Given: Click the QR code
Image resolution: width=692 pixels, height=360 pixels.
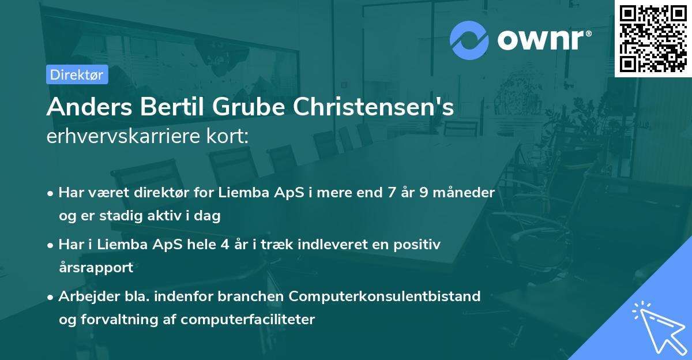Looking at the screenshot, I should tap(653, 38).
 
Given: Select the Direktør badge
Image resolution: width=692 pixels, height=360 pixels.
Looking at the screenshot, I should tap(77, 74).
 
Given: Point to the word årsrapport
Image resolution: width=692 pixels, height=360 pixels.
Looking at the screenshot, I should tap(96, 268).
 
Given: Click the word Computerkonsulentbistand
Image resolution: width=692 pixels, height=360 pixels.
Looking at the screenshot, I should tap(385, 297).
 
